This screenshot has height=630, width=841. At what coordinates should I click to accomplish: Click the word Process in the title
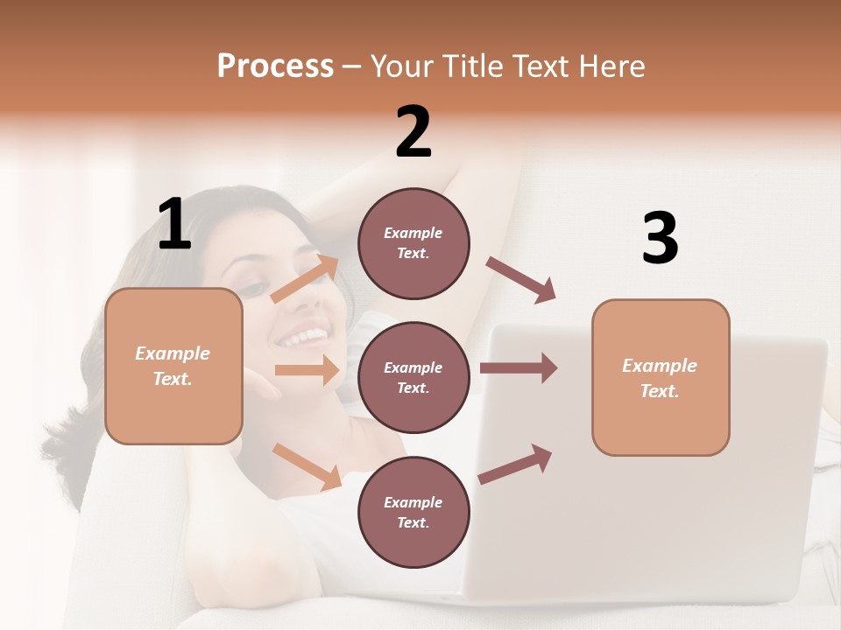(275, 66)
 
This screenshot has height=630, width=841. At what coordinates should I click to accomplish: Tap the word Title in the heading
(474, 66)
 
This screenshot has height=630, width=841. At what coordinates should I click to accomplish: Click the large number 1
(174, 224)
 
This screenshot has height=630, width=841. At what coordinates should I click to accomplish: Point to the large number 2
(413, 132)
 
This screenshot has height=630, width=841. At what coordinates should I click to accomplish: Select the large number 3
(660, 238)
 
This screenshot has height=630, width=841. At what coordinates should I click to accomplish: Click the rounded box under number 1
(173, 366)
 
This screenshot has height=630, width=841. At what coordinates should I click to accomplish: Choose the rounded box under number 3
(660, 378)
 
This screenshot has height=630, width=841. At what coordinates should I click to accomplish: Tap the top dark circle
(413, 243)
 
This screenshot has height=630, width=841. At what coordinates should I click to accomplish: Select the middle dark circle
(413, 377)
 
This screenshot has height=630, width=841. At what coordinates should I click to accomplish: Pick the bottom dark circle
(413, 512)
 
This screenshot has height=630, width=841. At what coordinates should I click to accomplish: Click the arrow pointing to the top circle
(306, 279)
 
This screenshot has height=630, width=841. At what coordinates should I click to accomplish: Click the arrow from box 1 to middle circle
(307, 370)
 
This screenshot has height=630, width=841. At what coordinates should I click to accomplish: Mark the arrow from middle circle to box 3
(518, 367)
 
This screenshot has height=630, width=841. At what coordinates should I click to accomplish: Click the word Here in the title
(613, 66)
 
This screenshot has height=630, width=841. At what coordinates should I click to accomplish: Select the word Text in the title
(545, 66)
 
